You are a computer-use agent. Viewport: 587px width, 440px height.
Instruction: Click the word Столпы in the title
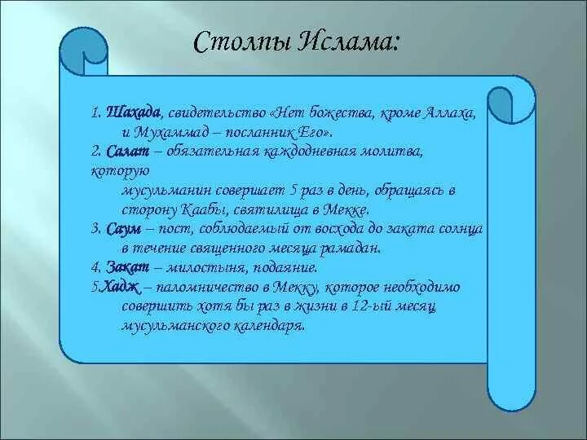(x=242, y=42)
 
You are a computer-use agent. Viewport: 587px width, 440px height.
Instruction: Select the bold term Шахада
(x=133, y=112)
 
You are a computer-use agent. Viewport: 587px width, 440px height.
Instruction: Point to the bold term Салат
(x=127, y=152)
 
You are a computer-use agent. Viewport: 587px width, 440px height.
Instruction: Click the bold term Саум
(x=124, y=229)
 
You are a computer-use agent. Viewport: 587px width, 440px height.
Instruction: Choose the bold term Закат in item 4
(x=128, y=267)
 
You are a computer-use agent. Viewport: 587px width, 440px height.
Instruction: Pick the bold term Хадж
(x=121, y=288)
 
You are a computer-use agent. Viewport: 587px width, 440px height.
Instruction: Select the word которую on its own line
(x=120, y=172)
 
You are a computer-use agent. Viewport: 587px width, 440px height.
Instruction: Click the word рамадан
(x=350, y=249)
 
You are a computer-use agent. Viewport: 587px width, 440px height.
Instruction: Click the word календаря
(x=271, y=325)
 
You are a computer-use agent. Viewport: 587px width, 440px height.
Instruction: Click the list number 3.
(x=96, y=229)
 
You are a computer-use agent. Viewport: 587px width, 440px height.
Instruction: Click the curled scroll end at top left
(x=83, y=51)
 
